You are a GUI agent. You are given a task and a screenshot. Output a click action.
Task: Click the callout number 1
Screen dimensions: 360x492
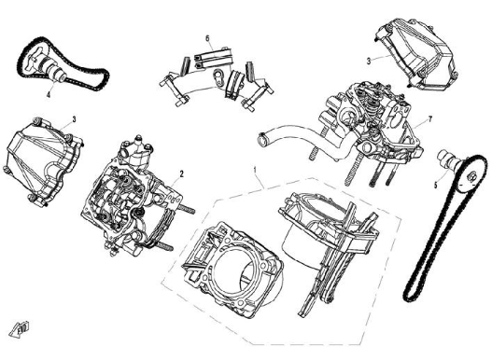254,169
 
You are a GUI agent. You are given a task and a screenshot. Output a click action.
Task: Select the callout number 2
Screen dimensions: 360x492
181,173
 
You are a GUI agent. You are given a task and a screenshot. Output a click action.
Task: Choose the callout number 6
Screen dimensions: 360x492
207,38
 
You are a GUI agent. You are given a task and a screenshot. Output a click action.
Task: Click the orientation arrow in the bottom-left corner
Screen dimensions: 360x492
16,325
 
